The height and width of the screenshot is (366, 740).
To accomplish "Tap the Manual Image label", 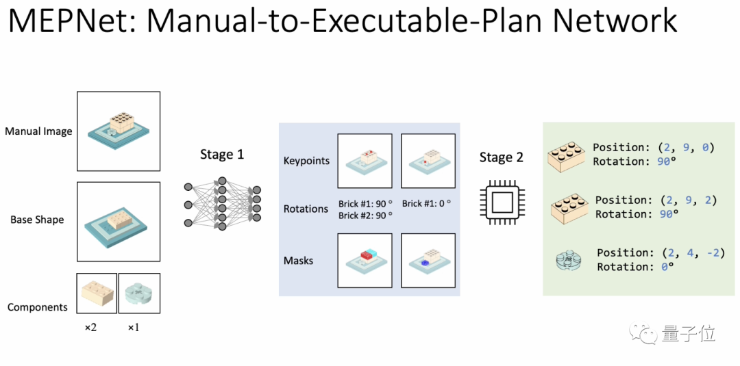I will coord(38,131).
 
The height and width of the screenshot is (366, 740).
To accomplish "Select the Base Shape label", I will coord(37,220).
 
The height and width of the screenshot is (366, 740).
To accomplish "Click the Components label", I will coord(38,307).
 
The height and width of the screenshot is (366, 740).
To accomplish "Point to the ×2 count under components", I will coord(90,328).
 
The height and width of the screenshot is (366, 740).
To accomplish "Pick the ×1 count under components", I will coord(133,328).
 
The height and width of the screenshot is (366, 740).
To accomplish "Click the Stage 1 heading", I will coord(221,155).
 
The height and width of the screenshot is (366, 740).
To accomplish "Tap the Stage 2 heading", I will coord(501,157).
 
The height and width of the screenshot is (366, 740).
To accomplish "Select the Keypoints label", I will coord(306,161).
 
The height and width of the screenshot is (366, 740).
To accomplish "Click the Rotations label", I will coord(306,209).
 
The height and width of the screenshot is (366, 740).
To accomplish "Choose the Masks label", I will coord(298,261).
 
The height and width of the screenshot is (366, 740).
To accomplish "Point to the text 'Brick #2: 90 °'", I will coord(365,215).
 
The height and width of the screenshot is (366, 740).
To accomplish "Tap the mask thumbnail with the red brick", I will coord(365,260).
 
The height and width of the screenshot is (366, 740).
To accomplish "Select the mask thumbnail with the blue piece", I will coord(428,260).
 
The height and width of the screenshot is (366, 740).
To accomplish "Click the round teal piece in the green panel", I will coord(568,261).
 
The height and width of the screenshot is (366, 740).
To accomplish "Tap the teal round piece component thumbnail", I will coord(140,293).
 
